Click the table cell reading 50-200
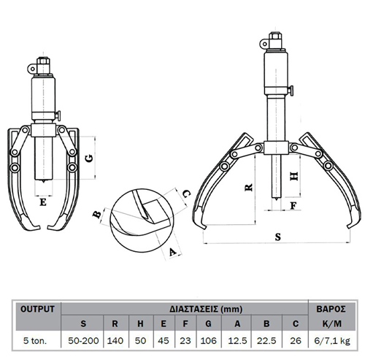click(83, 340)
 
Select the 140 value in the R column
click(115, 340)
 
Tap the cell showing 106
click(209, 340)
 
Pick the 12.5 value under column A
click(237, 340)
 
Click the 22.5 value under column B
click(266, 340)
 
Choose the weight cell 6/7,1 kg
click(332, 341)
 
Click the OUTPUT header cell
click(37, 309)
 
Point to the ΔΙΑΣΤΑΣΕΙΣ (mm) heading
click(206, 309)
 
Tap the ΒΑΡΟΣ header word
click(331, 309)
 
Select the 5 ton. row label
click(35, 340)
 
